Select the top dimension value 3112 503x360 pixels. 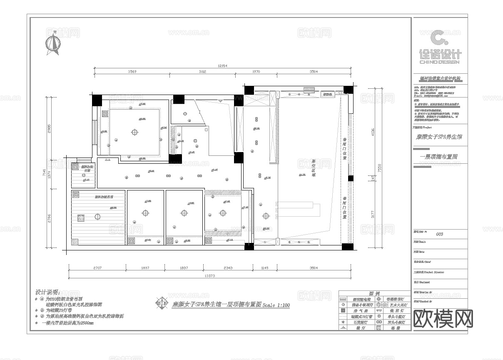202,72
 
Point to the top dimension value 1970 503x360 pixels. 256,72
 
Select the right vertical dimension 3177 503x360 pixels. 373,215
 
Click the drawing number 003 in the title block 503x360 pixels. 439,234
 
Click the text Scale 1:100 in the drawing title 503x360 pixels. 276,305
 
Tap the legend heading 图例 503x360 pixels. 374,293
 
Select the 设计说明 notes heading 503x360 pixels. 47,292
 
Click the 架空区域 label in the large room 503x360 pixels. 313,168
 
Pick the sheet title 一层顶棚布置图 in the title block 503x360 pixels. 439,157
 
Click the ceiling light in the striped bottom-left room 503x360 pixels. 97,216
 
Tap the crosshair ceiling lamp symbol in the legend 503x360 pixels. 378,299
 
